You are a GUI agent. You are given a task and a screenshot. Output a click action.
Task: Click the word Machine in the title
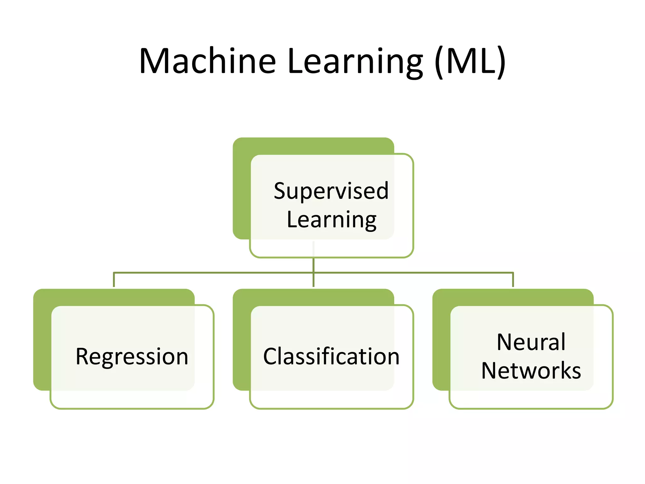coord(208,61)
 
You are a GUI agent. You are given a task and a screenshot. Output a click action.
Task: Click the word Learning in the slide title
coord(355,62)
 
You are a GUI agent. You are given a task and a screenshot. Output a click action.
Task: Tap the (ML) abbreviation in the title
coord(470,62)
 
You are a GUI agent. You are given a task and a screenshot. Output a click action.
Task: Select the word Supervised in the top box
coord(331,191)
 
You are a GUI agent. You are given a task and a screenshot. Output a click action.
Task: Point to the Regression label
coord(132,357)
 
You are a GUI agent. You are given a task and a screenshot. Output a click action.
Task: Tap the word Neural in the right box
coord(531,342)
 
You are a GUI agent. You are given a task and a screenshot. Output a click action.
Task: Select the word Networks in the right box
coord(531,371)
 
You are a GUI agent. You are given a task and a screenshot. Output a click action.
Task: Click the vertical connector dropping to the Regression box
coord(114,280)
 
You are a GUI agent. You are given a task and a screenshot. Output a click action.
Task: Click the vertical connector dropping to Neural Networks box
coord(513,280)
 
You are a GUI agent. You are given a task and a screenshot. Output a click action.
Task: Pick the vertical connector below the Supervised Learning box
coord(313,265)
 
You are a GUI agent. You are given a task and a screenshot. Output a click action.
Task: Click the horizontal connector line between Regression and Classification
coord(214,273)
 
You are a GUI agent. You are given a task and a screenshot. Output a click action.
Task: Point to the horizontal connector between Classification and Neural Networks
coord(413,273)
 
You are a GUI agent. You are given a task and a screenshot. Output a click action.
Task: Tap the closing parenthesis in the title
coord(501,62)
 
